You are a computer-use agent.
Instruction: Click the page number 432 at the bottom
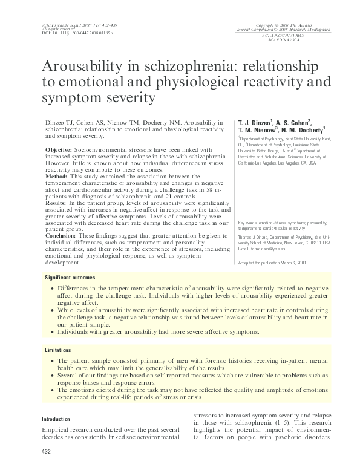tap(46, 452)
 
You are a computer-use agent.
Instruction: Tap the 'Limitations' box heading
tap(59, 350)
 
